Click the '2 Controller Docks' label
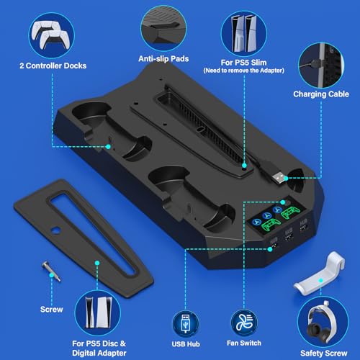(x=53, y=66)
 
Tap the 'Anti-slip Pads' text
(x=163, y=59)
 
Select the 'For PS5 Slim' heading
(x=243, y=63)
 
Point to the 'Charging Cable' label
(x=321, y=94)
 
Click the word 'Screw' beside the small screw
(x=52, y=310)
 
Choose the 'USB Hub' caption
(x=186, y=344)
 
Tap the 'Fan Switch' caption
(x=244, y=343)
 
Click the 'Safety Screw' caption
(x=324, y=353)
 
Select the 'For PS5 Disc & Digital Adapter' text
(x=99, y=348)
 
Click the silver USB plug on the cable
(x=278, y=178)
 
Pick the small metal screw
(x=51, y=271)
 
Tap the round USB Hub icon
(x=186, y=324)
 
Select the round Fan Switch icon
(x=244, y=323)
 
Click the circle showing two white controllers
(x=51, y=35)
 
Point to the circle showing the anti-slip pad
(x=163, y=28)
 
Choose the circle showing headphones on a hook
(x=323, y=323)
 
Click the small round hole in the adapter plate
(x=56, y=230)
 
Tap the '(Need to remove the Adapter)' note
(x=244, y=71)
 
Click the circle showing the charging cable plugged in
(x=321, y=66)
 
